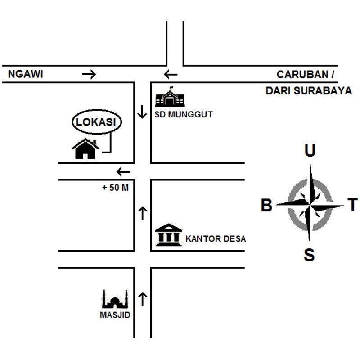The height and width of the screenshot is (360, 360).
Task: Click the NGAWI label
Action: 26,75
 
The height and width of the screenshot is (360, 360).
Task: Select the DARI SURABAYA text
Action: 309,90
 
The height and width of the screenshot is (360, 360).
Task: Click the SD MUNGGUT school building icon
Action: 170,97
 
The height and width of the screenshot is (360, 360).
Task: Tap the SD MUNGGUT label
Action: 184,115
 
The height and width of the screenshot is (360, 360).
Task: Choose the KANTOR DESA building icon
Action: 168,235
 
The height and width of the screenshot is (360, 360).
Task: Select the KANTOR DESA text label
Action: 216,239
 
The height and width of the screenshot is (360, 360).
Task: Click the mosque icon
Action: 115,299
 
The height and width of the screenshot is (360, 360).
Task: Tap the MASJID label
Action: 115,315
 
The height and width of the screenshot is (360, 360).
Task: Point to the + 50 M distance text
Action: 116,188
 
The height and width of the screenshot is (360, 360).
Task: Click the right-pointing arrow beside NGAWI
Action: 89,75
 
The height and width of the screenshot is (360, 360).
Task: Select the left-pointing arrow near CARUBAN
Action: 171,75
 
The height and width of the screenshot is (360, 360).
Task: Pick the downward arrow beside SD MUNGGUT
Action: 142,112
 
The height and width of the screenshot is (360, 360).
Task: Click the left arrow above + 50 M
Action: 123,171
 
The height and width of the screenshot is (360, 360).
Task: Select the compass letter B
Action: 267,206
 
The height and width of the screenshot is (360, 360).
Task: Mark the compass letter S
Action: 309,256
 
